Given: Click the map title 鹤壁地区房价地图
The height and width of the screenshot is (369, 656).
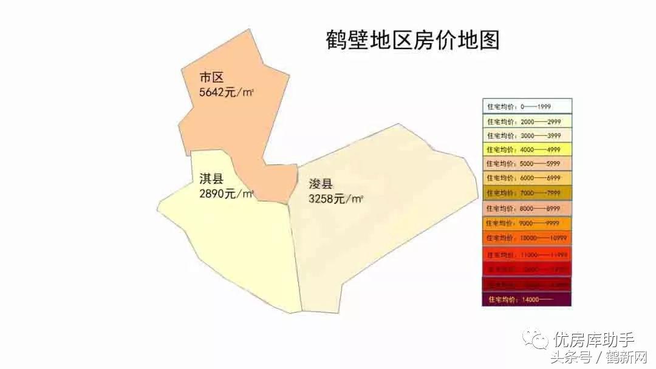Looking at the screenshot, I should [413, 40].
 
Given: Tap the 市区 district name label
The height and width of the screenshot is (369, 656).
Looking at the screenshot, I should [212, 78].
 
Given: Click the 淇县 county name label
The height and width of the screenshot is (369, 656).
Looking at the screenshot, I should [212, 178].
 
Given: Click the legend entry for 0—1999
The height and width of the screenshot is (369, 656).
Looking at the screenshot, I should [527, 106].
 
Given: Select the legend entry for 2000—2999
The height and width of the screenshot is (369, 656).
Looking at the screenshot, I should [527, 121].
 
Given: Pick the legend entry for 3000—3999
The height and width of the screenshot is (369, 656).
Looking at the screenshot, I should [527, 135].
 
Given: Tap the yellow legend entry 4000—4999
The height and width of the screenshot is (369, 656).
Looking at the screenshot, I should [527, 149].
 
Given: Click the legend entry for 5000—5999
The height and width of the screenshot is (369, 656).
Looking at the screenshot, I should [527, 164].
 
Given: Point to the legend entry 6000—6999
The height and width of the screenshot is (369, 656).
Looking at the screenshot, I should [527, 178].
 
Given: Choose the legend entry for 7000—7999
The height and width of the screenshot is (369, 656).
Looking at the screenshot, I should [527, 193].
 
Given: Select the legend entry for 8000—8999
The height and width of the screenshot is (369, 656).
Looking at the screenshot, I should [527, 208].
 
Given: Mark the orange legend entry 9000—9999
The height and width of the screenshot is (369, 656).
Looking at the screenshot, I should [527, 223].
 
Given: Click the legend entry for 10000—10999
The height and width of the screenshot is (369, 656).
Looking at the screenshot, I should [527, 238].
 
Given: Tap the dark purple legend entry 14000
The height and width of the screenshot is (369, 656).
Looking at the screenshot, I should [527, 299].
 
